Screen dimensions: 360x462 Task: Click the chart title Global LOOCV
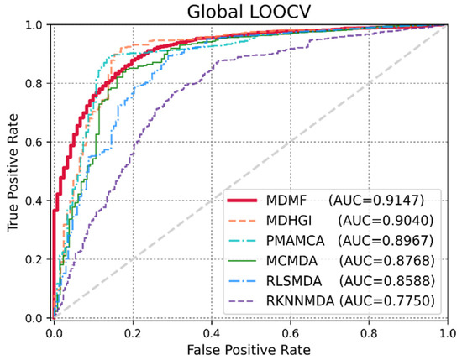click(x=248, y=11)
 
